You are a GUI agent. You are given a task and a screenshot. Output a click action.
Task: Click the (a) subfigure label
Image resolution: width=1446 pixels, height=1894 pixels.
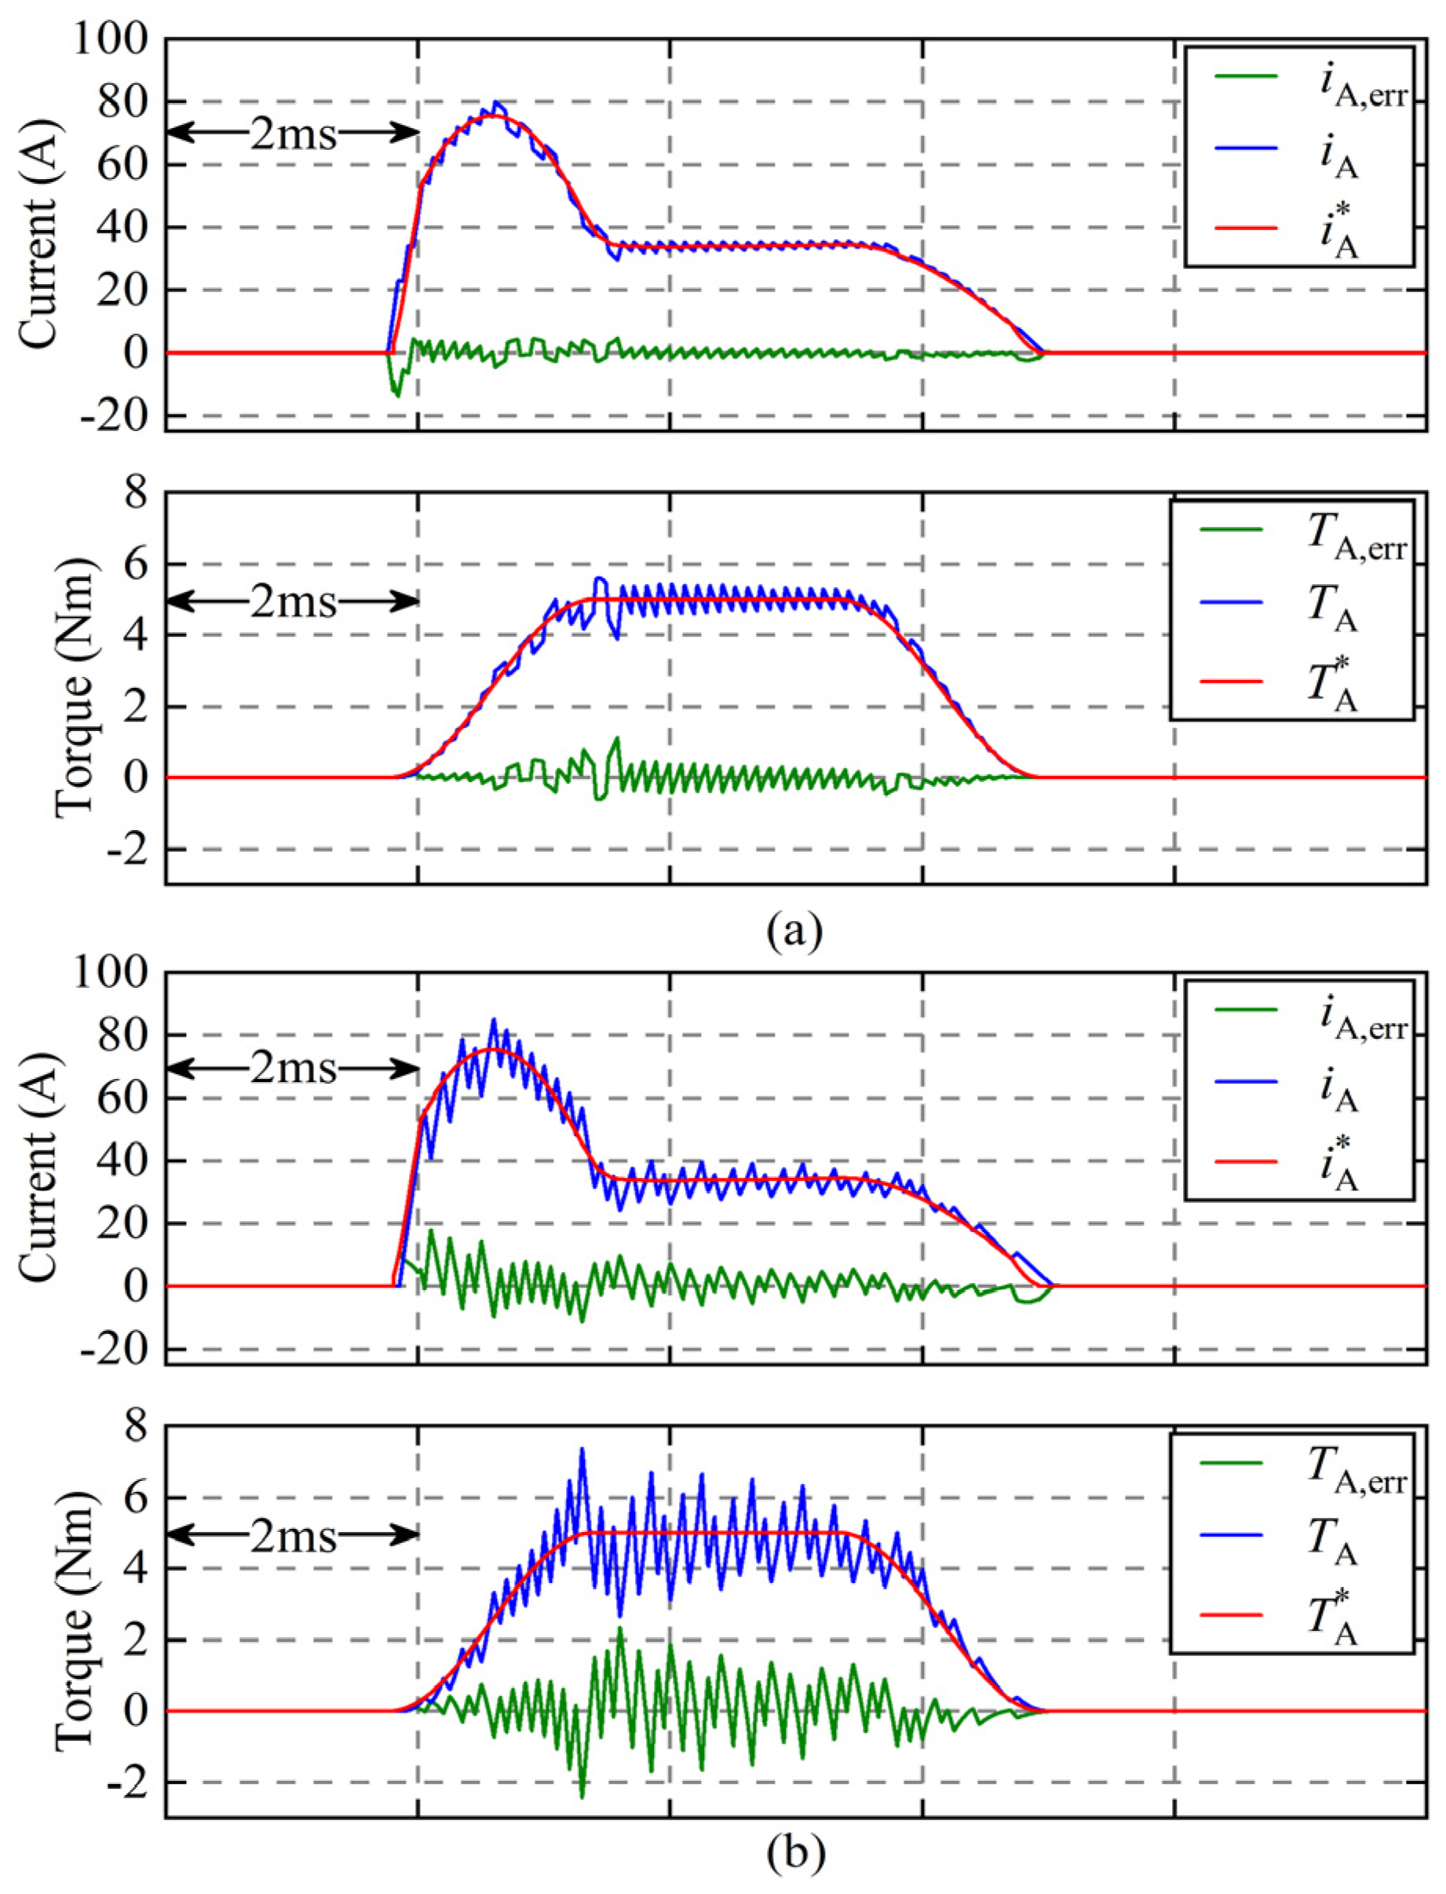(794, 931)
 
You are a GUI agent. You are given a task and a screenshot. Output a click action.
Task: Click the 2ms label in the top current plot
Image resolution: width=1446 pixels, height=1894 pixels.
(293, 133)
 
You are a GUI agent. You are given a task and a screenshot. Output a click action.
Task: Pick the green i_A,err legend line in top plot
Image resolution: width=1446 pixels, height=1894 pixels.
(1247, 75)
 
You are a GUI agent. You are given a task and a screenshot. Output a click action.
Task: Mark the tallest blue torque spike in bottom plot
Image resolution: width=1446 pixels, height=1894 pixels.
(582, 1450)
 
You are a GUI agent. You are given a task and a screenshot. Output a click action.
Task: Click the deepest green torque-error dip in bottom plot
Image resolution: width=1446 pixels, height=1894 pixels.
(582, 1796)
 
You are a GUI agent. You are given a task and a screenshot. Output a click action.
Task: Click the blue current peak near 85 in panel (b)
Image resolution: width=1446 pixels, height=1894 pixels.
(493, 1021)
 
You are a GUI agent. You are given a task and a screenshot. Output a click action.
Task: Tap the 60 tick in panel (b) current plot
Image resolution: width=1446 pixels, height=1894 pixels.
(122, 1099)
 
